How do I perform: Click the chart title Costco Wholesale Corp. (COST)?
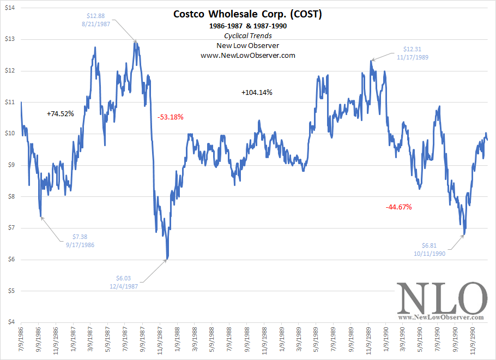click(x=247, y=14)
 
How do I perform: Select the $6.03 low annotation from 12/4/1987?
click(x=123, y=281)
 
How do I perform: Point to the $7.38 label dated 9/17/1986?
click(x=80, y=241)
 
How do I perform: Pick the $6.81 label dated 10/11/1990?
click(x=429, y=249)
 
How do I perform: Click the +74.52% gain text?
click(x=60, y=113)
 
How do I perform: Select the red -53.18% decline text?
click(x=171, y=117)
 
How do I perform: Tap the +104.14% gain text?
click(x=257, y=93)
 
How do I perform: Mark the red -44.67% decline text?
click(x=398, y=207)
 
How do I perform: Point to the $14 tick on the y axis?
click(x=9, y=8)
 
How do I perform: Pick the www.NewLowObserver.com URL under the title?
click(x=247, y=55)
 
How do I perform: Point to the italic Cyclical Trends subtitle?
click(x=247, y=35)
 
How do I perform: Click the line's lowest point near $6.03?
click(x=167, y=259)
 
